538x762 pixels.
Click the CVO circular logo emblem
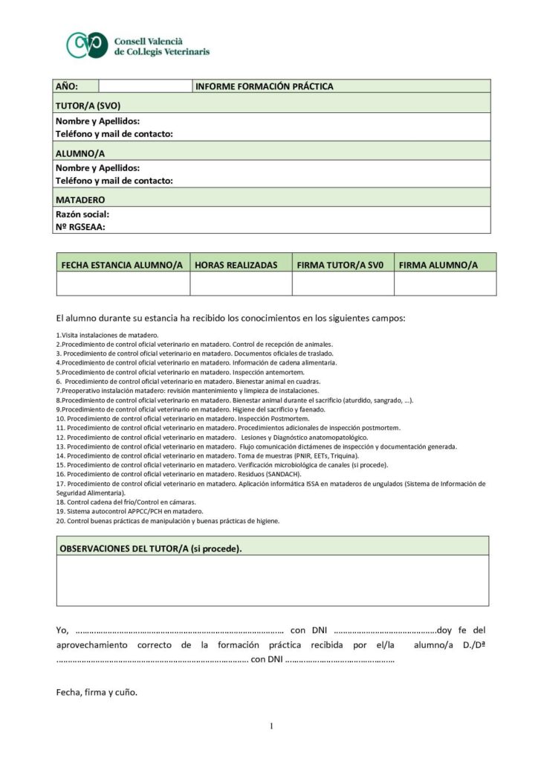[x=88, y=45]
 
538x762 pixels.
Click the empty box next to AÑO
[x=144, y=86]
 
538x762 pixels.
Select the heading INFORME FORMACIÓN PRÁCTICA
[x=264, y=86]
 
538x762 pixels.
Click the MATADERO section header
[x=80, y=199]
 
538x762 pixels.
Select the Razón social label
[x=82, y=214]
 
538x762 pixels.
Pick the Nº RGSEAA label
[x=80, y=228]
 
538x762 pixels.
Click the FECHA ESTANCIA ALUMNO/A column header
[x=122, y=265]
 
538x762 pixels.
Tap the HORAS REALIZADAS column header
[x=236, y=265]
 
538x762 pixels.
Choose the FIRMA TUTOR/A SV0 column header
[x=339, y=265]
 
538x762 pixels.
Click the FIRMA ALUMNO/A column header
[x=438, y=265]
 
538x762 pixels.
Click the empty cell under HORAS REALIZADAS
[x=241, y=284]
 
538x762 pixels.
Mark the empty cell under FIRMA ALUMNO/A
[x=444, y=284]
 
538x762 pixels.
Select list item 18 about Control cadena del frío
[x=122, y=503]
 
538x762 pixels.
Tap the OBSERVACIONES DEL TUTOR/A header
[x=150, y=548]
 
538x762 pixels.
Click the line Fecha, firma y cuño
[x=97, y=691]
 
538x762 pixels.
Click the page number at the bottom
[x=272, y=726]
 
